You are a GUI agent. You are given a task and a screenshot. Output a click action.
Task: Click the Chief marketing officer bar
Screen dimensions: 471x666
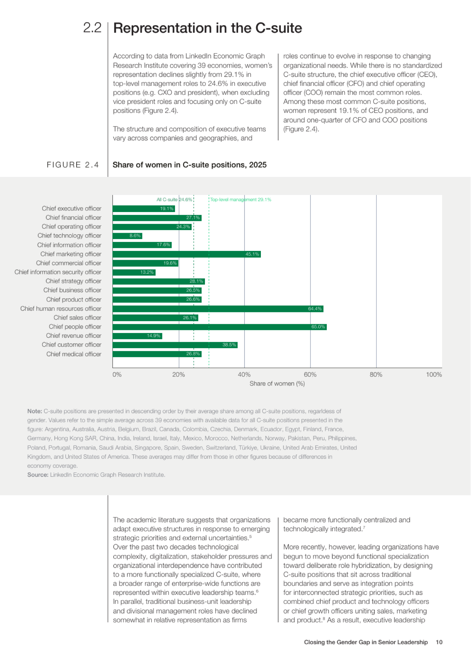click(186, 254)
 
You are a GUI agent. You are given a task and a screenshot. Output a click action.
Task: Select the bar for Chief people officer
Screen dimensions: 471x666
click(219, 327)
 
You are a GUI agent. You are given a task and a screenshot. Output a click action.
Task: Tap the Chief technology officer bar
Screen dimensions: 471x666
click(127, 236)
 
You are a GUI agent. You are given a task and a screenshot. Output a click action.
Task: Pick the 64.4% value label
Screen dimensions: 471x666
click(314, 309)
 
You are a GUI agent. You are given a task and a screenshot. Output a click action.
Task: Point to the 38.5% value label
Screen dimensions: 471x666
click(229, 345)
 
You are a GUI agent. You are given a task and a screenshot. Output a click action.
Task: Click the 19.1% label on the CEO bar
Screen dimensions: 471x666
click(166, 209)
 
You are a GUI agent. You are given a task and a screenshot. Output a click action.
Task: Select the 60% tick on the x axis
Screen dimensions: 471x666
click(310, 374)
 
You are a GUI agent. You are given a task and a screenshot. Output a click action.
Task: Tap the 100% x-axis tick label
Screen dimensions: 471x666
click(434, 374)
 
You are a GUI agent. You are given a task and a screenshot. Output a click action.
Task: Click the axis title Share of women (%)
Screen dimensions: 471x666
click(277, 384)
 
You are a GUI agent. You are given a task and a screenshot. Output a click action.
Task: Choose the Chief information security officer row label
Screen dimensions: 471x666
click(58, 272)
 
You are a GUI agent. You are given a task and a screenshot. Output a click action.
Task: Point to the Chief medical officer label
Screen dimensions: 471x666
click(74, 354)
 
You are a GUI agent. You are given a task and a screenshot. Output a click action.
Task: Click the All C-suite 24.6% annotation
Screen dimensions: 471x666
click(174, 199)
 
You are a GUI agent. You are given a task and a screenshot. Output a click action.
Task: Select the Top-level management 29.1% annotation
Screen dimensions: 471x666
click(241, 199)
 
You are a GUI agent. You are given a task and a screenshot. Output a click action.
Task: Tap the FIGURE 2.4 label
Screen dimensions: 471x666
click(73, 165)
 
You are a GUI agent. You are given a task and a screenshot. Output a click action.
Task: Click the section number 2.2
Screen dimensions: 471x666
click(92, 28)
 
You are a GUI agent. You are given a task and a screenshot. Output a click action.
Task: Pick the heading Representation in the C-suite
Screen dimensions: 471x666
click(208, 28)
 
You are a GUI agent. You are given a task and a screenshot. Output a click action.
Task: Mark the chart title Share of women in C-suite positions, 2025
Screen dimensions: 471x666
click(189, 165)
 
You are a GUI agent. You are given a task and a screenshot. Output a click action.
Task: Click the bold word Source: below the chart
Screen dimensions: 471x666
click(38, 475)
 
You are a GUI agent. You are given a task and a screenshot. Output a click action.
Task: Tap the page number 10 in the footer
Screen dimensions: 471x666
click(439, 642)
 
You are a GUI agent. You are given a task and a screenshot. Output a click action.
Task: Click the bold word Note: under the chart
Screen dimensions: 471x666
click(34, 411)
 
